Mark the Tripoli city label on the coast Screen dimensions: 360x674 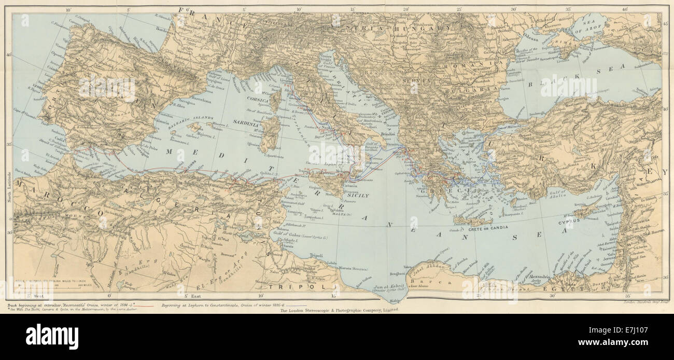(316, 255)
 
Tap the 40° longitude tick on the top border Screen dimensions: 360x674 (624, 9)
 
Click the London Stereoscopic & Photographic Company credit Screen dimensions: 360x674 (339, 310)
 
